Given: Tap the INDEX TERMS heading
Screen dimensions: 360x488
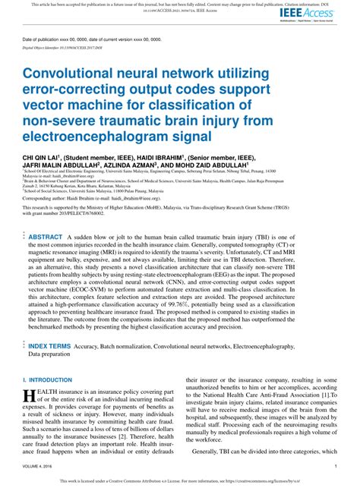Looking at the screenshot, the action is click(50, 345).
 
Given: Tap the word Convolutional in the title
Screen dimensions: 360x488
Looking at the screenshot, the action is click(73, 74).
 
